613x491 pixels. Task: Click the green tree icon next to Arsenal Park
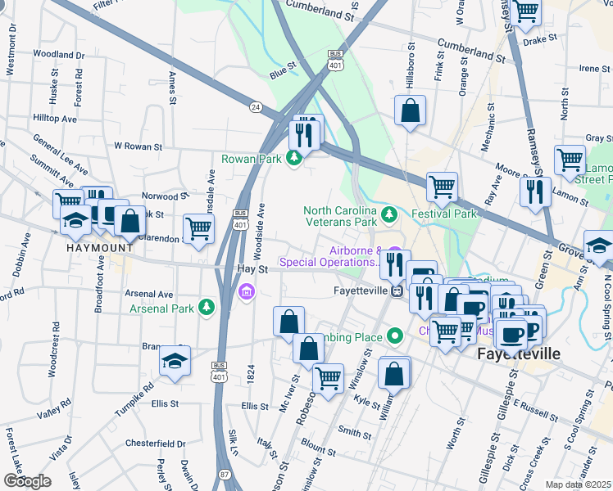(x=207, y=308)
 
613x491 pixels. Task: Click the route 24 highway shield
(x=256, y=106)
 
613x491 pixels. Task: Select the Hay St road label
(x=252, y=268)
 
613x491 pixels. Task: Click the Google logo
(x=27, y=480)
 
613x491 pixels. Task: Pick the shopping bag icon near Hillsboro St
(x=410, y=110)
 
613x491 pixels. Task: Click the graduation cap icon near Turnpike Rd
(x=175, y=360)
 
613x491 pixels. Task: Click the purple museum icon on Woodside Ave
(x=245, y=291)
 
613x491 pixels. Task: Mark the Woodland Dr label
(x=55, y=55)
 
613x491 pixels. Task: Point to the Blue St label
(x=283, y=74)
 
